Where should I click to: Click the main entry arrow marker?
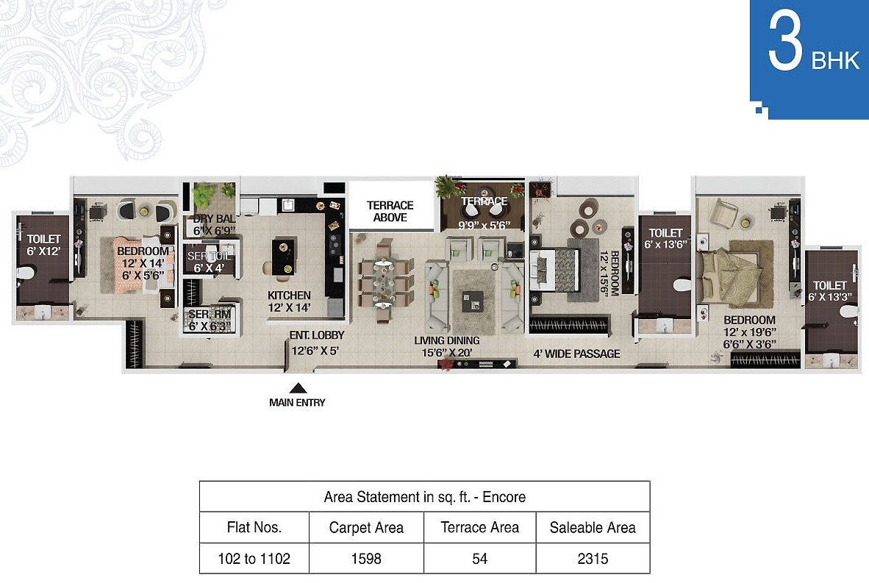point(297,388)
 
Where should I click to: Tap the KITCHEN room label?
point(289,296)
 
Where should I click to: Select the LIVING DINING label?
point(447,340)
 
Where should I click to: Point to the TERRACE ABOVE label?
point(390,211)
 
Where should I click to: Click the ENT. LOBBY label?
point(317,335)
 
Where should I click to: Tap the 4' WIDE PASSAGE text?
point(576,354)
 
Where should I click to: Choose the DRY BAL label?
point(212,219)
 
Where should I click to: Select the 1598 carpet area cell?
point(366,559)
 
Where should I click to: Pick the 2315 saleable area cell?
point(593,559)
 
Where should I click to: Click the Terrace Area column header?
point(479,527)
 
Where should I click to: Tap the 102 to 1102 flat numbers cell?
point(254,559)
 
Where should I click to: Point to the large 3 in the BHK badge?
point(784,44)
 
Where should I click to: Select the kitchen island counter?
point(284,255)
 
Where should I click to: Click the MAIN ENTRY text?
point(297,402)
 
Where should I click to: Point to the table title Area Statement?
point(424,497)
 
